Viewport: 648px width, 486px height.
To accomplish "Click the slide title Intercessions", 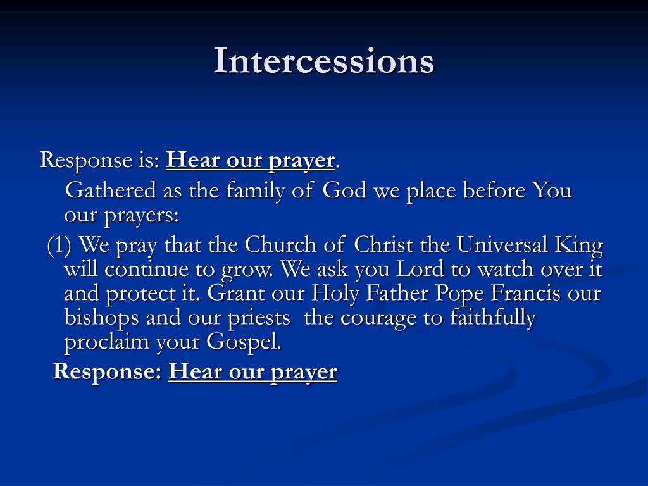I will pyautogui.click(x=323, y=61).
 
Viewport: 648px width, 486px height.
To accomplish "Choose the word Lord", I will pyautogui.click(x=420, y=270).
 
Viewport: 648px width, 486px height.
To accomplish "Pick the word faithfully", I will pyautogui.click(x=492, y=318).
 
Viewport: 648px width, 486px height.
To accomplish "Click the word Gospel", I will pyautogui.click(x=244, y=342).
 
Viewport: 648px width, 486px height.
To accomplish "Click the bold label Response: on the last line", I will pyautogui.click(x=108, y=371).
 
